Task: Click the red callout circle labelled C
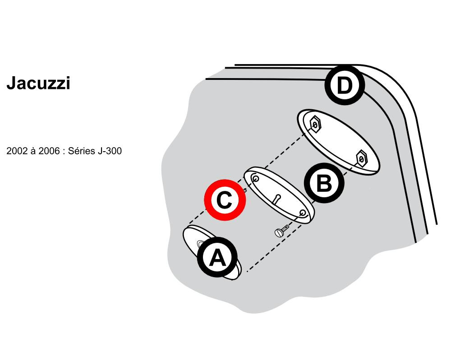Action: tap(225, 200)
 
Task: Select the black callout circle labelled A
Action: tap(217, 257)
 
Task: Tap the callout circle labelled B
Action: tap(324, 183)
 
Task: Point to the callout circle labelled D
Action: tap(345, 85)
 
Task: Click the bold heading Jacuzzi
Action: tap(38, 83)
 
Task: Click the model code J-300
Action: tap(110, 151)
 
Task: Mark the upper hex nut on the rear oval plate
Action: tap(315, 125)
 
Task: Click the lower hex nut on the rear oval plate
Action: tap(361, 158)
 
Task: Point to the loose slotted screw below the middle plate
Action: tap(282, 230)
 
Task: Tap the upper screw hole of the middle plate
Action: tap(255, 179)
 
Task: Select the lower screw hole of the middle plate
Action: tap(303, 213)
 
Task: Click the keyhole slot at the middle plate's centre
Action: tap(276, 199)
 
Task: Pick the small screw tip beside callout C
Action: tap(245, 190)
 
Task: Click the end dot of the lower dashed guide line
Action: tap(247, 271)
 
